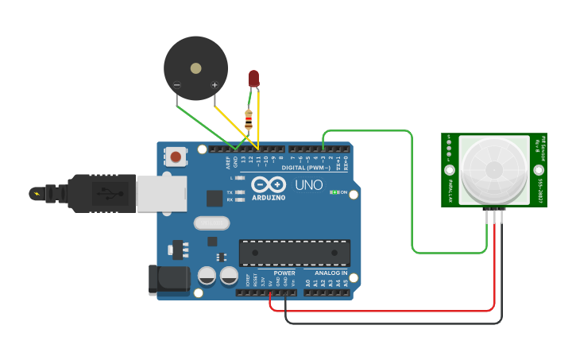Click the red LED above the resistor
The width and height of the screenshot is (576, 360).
pyautogui.click(x=253, y=78)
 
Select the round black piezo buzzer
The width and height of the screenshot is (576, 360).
pyautogui.click(x=195, y=68)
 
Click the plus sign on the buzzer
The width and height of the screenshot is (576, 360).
pyautogui.click(x=214, y=85)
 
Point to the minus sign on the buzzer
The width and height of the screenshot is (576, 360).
pyautogui.click(x=176, y=85)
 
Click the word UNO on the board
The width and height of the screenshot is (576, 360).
pyautogui.click(x=309, y=185)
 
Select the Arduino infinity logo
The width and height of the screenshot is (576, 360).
pyautogui.click(x=268, y=184)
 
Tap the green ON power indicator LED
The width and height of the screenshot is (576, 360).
pyautogui.click(x=334, y=192)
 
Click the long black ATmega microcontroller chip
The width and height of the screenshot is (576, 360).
pyautogui.click(x=295, y=253)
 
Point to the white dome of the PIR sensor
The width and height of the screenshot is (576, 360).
pyautogui.click(x=494, y=169)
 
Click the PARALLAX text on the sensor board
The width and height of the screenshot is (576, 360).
pyautogui.click(x=450, y=192)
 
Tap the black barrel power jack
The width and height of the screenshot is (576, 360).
pyautogui.click(x=169, y=279)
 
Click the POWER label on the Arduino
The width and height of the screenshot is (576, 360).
pyautogui.click(x=284, y=273)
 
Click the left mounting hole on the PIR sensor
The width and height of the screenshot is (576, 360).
pyautogui.click(x=450, y=170)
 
